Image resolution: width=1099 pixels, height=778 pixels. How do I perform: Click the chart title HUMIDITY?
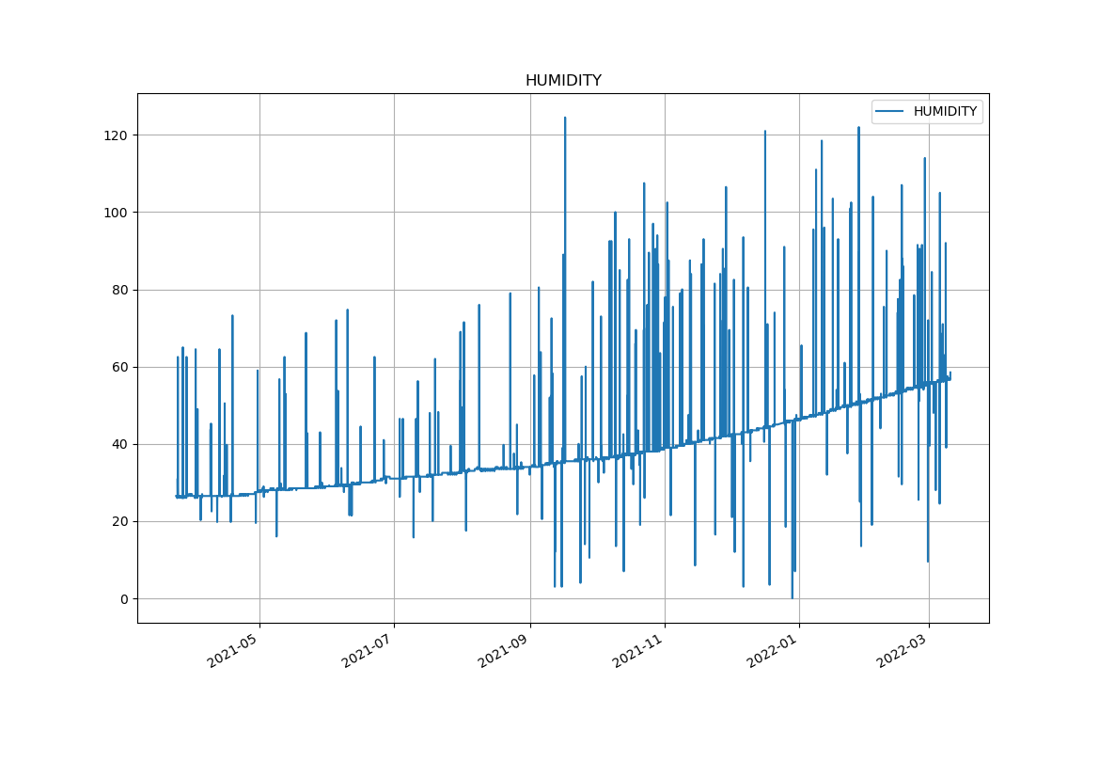tap(563, 81)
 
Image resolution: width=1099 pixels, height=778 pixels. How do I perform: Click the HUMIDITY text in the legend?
tap(945, 112)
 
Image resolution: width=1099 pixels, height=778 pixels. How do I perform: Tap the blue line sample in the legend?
tap(889, 112)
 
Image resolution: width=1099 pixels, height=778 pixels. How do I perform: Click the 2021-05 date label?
tap(233, 650)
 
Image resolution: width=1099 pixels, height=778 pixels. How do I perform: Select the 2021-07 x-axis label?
tap(368, 650)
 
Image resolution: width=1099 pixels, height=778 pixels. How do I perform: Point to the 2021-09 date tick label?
tap(504, 650)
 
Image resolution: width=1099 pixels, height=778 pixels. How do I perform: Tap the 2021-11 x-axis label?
tap(638, 650)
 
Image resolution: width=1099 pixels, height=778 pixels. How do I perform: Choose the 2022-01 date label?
tap(773, 650)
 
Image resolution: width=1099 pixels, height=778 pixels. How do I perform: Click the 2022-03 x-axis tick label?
tap(903, 650)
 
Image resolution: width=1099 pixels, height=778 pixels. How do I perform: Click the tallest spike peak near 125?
tap(565, 118)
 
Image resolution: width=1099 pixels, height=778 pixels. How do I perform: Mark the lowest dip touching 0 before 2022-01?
tap(792, 597)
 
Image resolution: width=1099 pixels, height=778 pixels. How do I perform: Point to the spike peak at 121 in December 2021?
tap(765, 132)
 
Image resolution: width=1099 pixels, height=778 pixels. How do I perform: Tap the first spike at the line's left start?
tap(178, 357)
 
